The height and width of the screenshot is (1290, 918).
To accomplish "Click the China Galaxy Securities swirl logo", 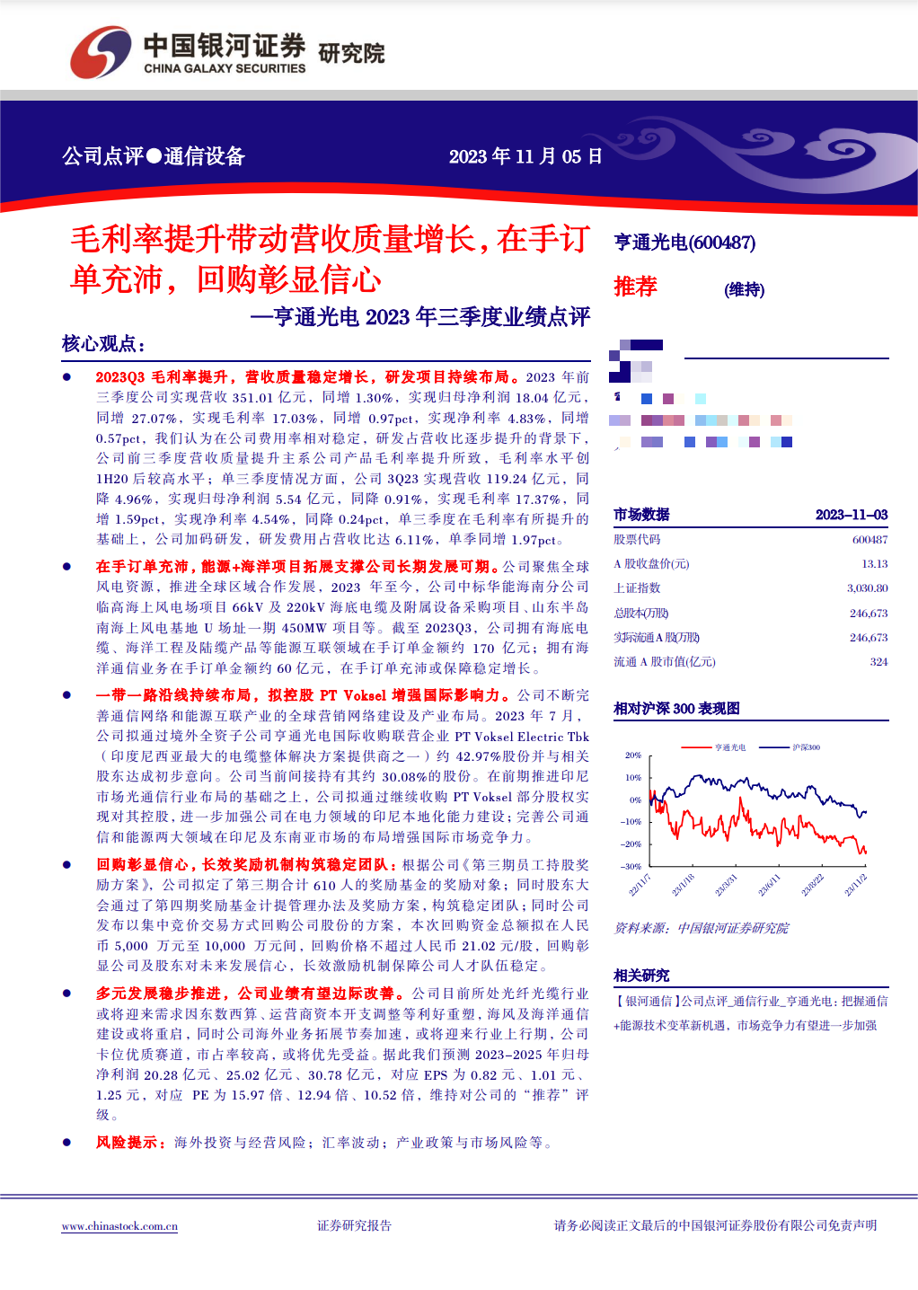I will tap(101, 51).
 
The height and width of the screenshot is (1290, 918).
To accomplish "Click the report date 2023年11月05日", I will tap(525, 156).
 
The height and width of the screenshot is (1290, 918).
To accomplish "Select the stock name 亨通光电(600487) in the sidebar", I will tap(684, 243).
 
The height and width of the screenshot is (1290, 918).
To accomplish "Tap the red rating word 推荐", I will tap(635, 287).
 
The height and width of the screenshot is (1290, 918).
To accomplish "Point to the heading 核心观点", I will tap(102, 344).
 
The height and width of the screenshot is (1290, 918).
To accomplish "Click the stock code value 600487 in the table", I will tap(869, 539).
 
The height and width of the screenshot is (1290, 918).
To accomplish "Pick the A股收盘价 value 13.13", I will tap(874, 564).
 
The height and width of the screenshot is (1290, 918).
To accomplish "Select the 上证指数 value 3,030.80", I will tap(867, 588).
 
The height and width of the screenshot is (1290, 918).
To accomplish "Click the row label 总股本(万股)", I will tap(641, 613).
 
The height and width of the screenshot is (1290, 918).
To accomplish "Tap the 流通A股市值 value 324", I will tap(878, 662).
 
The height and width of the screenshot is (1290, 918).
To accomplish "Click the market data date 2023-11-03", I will tap(851, 515).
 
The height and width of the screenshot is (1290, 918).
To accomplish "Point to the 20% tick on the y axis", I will tap(633, 755).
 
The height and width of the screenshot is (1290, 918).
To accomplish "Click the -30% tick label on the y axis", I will tap(631, 867).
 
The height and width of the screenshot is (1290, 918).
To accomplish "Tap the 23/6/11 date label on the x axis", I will tap(769, 886).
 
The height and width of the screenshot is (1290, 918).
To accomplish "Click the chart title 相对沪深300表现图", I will tap(676, 709).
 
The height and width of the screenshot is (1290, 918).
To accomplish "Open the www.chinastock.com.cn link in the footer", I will tap(119, 1226).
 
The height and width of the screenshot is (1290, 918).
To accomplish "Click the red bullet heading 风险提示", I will tap(130, 1143).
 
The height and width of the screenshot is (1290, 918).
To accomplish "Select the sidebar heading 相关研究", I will tap(641, 976).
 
